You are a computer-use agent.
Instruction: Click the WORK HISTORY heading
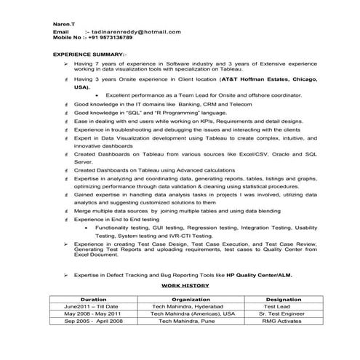(x=180, y=286)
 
